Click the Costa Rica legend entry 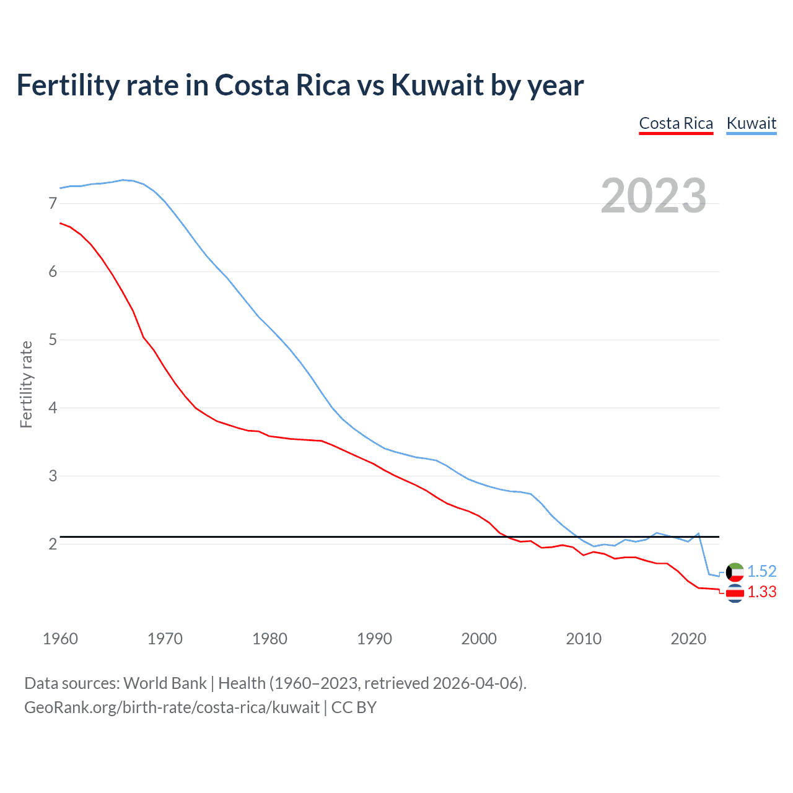pyautogui.click(x=676, y=123)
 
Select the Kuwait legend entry pyautogui.click(x=751, y=123)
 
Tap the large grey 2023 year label pyautogui.click(x=653, y=196)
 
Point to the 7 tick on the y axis pyautogui.click(x=53, y=203)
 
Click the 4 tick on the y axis pyautogui.click(x=53, y=408)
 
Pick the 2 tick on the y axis pyautogui.click(x=53, y=544)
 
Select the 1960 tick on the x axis pyautogui.click(x=60, y=639)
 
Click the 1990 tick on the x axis pyautogui.click(x=374, y=639)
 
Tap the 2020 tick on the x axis pyautogui.click(x=688, y=639)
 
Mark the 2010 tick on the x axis pyautogui.click(x=584, y=639)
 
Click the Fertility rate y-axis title pyautogui.click(x=26, y=384)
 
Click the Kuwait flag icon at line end pyautogui.click(x=735, y=572)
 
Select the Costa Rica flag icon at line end pyautogui.click(x=735, y=594)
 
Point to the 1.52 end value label pyautogui.click(x=761, y=571)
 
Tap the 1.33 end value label pyautogui.click(x=761, y=592)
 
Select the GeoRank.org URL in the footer pyautogui.click(x=172, y=708)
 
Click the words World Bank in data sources pyautogui.click(x=165, y=683)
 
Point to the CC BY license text pyautogui.click(x=354, y=708)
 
